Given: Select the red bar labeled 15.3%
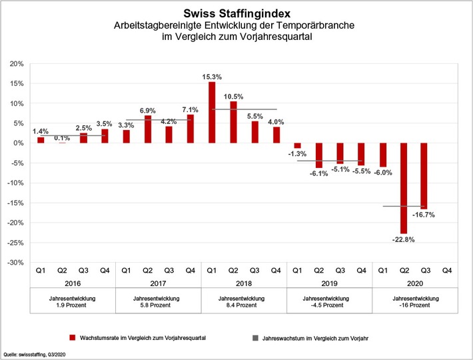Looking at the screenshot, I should pos(212,112).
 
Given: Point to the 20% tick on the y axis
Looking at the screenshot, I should pos(16,64).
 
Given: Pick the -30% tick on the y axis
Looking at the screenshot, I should pos(16,263).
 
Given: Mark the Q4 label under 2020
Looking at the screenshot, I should pos(446,270).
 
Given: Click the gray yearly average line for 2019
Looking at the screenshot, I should pos(329,161).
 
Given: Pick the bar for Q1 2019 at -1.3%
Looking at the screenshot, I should pos(297,146).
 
